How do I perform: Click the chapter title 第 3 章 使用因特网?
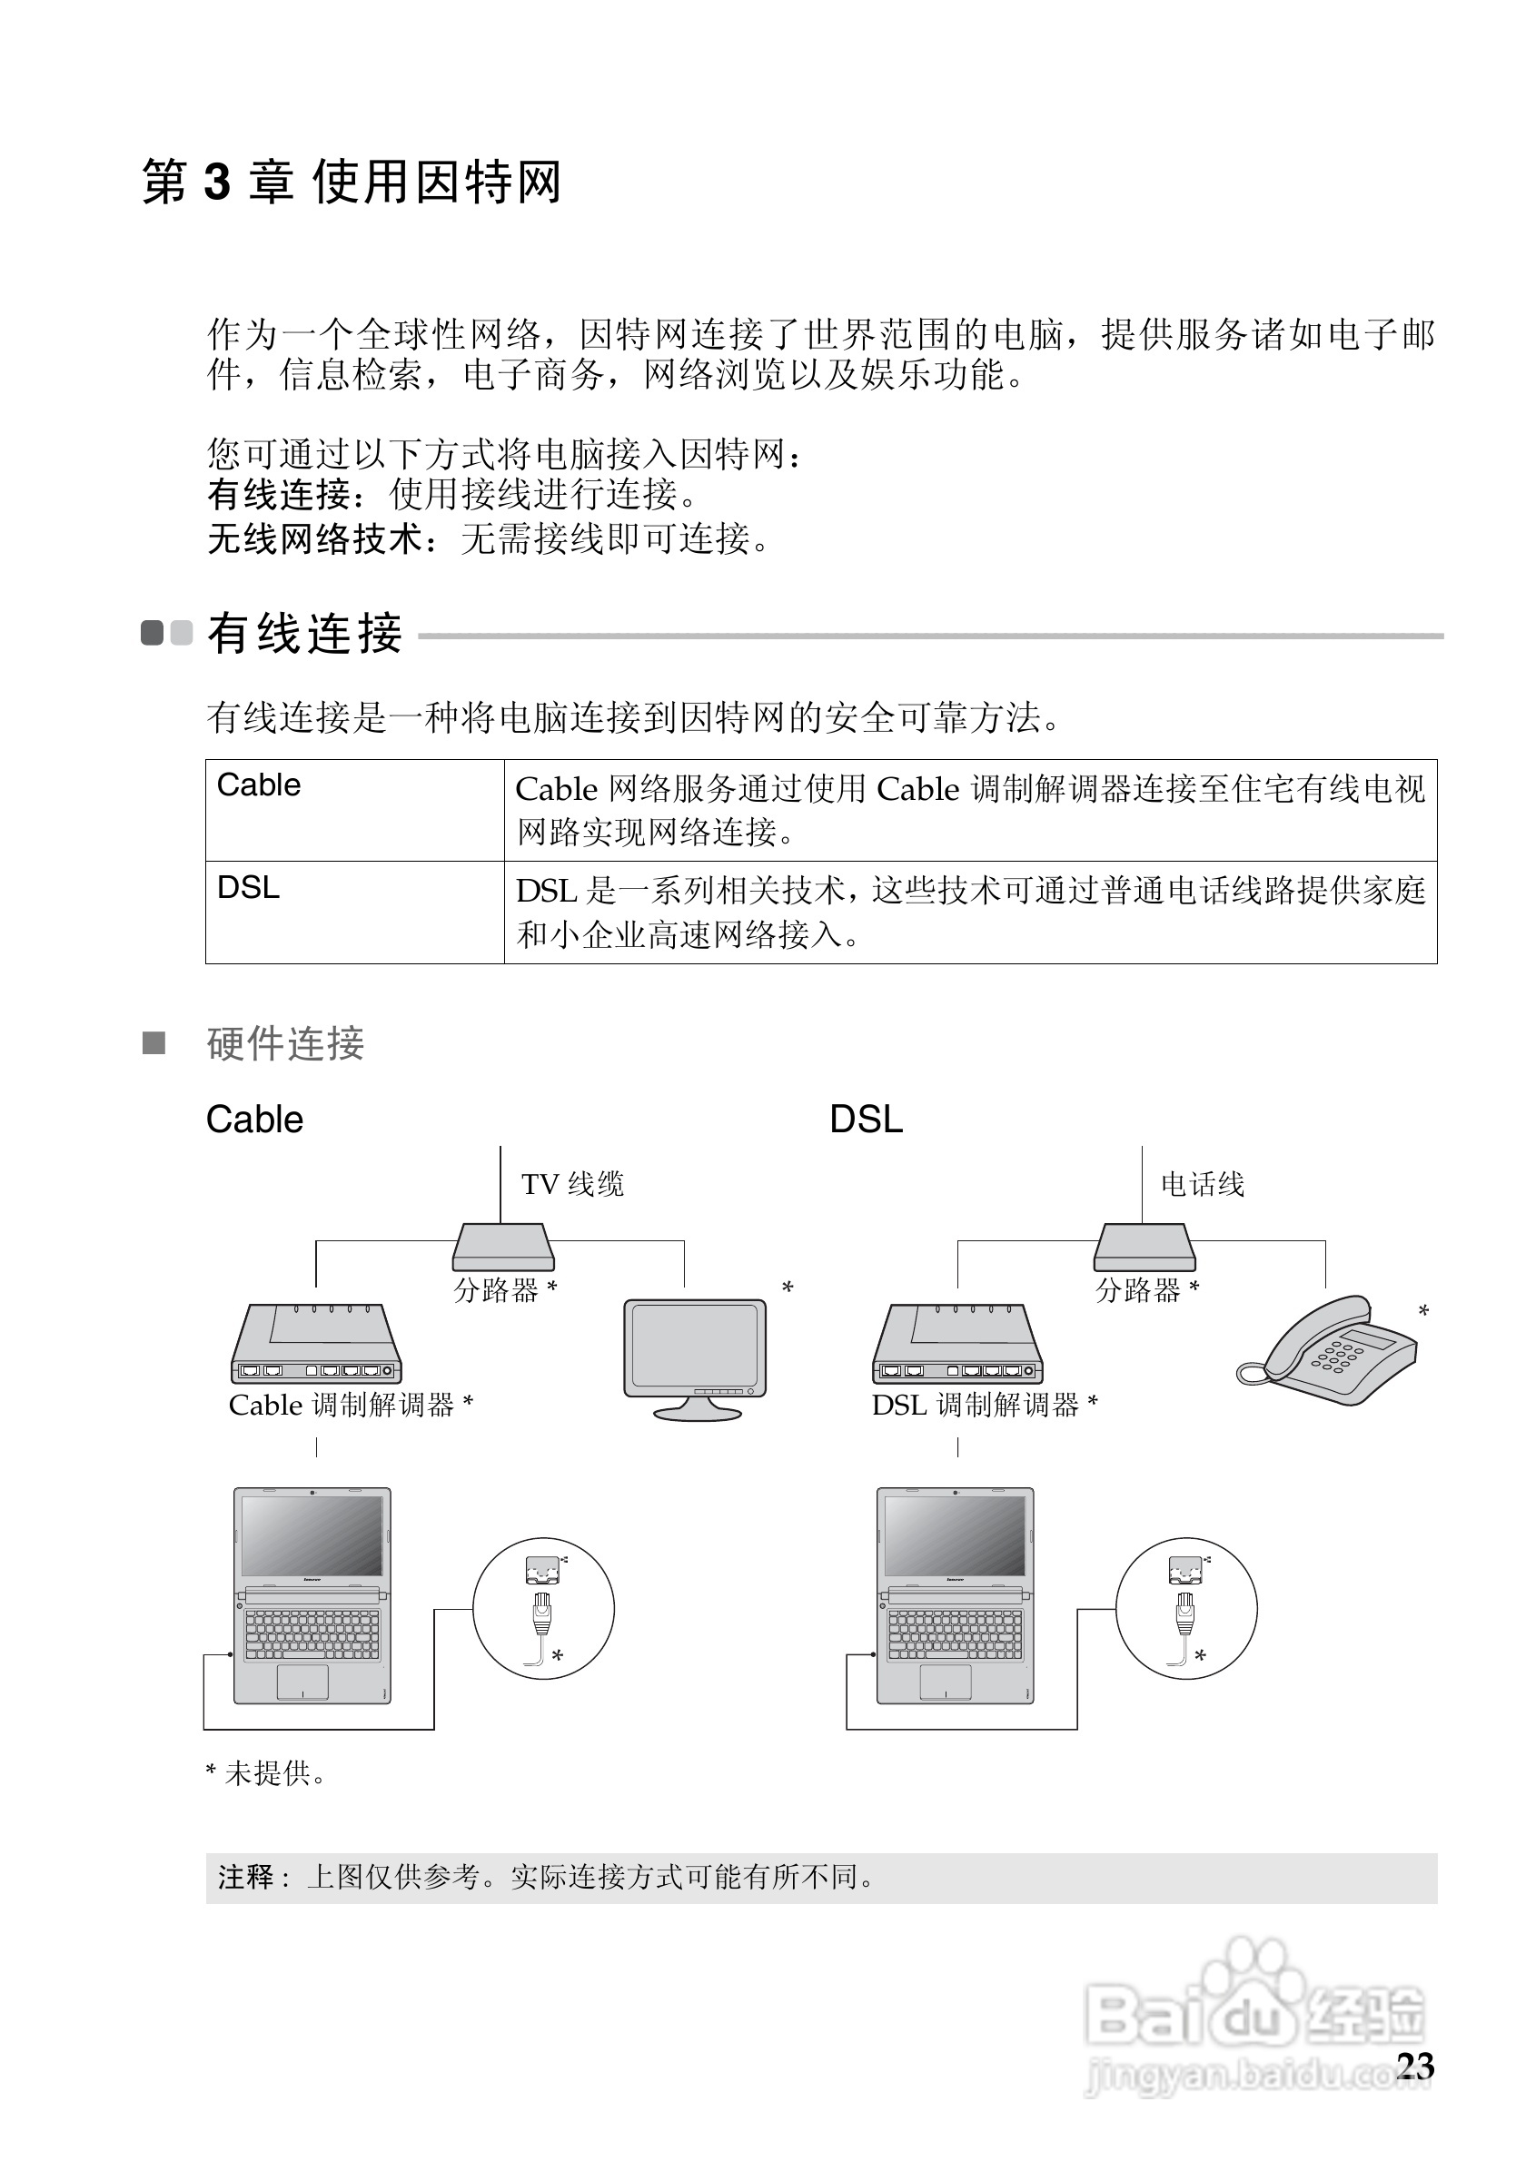click(352, 181)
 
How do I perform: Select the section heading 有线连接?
click(304, 634)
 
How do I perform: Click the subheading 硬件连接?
click(285, 1044)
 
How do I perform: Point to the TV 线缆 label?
click(572, 1184)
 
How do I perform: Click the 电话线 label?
click(1202, 1184)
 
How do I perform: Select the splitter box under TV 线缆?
click(502, 1247)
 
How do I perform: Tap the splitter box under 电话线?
click(1144, 1247)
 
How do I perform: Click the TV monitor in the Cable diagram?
click(695, 1347)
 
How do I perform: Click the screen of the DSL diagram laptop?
click(955, 1535)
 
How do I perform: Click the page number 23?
click(1415, 2066)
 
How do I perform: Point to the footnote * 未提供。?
click(266, 1774)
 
